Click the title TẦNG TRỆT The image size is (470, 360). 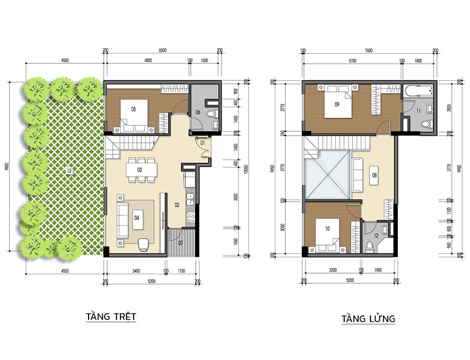(110, 317)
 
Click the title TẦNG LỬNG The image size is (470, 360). (368, 319)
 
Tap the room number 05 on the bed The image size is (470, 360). (133, 109)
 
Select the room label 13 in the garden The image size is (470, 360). (69, 170)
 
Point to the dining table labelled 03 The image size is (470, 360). (140, 170)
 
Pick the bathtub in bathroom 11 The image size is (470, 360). (418, 93)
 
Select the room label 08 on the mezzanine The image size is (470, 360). (374, 176)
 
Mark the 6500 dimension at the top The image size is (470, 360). (162, 50)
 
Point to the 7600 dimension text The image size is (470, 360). (368, 50)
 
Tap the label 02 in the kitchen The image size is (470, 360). (177, 205)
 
